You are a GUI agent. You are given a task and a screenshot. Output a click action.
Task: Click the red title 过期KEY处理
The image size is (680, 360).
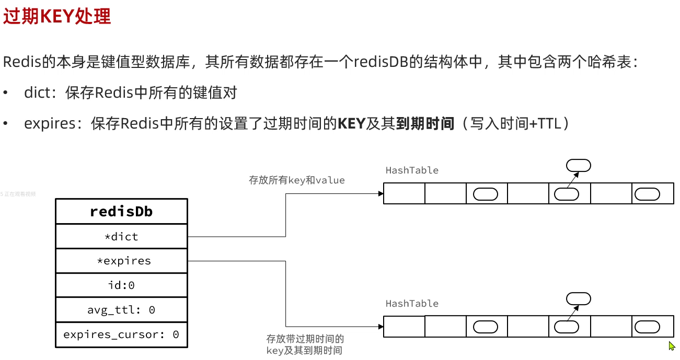click(x=57, y=17)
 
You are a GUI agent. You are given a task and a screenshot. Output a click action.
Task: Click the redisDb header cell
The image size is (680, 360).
click(x=121, y=212)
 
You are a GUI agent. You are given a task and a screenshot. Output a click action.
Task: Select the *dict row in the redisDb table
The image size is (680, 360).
click(x=121, y=237)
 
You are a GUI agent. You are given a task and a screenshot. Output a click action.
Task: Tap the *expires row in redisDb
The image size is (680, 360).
click(x=121, y=261)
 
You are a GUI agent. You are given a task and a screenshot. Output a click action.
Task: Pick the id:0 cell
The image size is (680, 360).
click(x=121, y=285)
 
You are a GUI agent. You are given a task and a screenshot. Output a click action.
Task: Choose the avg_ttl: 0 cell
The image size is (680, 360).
click(x=121, y=310)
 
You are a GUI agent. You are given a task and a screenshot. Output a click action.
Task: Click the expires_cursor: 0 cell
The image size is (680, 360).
click(x=121, y=334)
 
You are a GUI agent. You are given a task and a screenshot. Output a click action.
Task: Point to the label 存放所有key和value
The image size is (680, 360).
click(x=296, y=180)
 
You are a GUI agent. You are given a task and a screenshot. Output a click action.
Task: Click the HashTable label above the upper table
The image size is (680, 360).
click(x=412, y=170)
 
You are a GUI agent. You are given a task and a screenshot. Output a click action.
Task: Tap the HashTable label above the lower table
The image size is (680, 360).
click(x=412, y=304)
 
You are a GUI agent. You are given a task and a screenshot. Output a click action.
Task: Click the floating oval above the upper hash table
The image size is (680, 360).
click(x=579, y=166)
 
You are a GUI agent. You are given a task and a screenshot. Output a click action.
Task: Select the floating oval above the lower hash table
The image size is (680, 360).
click(x=579, y=299)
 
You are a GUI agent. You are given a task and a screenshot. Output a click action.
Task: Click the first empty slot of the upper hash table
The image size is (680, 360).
click(x=404, y=193)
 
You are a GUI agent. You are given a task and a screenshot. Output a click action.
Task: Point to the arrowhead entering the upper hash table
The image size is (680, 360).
click(x=381, y=193)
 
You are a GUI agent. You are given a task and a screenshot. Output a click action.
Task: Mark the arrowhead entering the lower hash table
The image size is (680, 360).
click(x=381, y=327)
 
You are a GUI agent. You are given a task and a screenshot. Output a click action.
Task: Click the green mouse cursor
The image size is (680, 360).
click(x=672, y=346)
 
